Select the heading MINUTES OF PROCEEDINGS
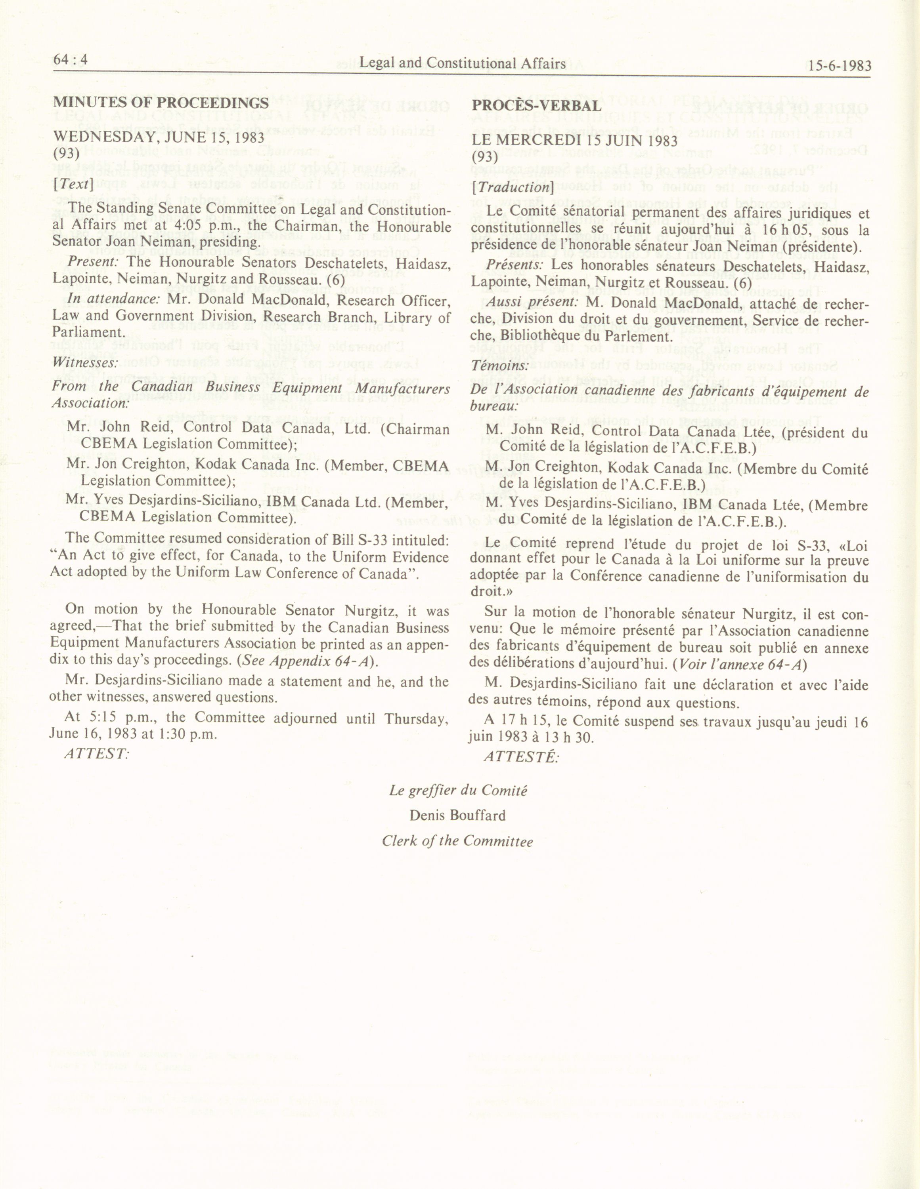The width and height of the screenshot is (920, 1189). tap(161, 103)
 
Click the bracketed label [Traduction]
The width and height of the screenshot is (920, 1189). tap(513, 187)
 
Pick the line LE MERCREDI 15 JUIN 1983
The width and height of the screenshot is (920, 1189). tap(575, 140)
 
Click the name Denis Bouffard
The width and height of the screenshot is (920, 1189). tap(457, 815)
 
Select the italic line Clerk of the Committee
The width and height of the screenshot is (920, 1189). tap(457, 841)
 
